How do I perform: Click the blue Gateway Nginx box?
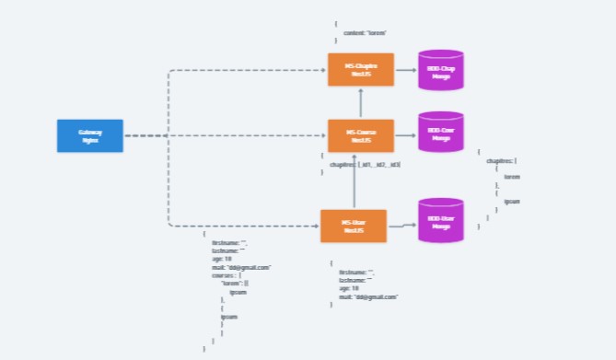click(x=89, y=135)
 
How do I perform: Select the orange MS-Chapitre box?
click(x=361, y=70)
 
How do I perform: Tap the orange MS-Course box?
click(x=361, y=135)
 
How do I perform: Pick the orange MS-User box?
click(x=354, y=226)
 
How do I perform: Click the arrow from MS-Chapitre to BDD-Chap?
click(x=406, y=70)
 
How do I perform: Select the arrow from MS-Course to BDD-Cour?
click(x=406, y=135)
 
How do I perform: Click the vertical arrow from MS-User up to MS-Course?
click(x=354, y=182)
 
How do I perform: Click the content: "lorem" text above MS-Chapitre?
click(x=365, y=33)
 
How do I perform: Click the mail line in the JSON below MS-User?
click(x=367, y=296)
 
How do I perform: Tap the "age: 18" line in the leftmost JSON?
click(x=222, y=259)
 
